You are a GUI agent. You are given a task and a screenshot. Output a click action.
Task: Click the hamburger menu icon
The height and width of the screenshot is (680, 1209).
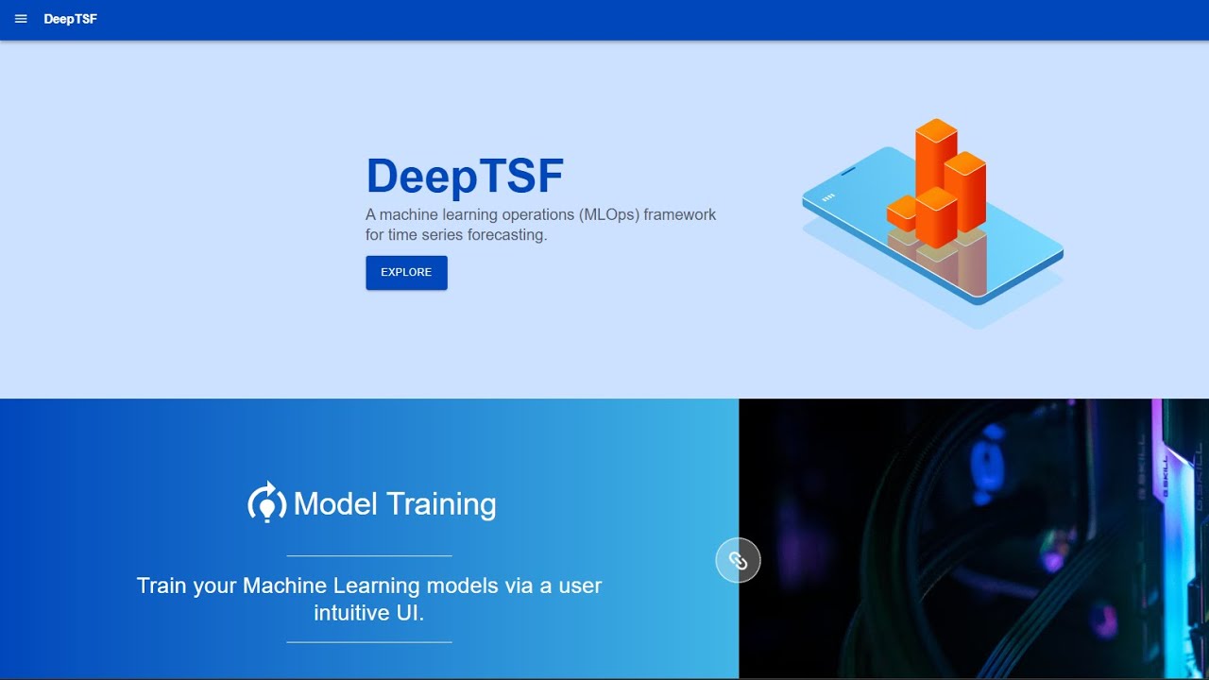pos(21,19)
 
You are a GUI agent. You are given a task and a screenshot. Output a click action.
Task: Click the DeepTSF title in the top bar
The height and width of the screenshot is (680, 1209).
pos(70,19)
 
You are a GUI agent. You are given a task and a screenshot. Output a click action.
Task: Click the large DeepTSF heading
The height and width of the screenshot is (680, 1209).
pos(465,176)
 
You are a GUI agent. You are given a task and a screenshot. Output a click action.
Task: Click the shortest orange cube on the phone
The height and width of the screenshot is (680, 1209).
pos(901,212)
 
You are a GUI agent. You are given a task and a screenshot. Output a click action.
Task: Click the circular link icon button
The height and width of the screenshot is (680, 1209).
pos(738,561)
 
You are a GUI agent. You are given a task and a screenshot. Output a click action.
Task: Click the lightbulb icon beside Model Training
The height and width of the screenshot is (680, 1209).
pos(266,503)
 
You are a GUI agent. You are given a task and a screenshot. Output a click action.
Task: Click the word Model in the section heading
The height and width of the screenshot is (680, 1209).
pos(335,504)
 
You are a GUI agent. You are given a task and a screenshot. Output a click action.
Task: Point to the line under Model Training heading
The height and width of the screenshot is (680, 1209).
pos(369,555)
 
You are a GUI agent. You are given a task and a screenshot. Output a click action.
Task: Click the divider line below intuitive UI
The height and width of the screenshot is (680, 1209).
pos(369,642)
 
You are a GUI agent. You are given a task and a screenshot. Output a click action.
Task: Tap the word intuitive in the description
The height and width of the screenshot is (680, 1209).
pos(349,612)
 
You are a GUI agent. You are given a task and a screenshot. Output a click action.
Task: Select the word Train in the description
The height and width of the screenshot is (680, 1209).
pos(162,586)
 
